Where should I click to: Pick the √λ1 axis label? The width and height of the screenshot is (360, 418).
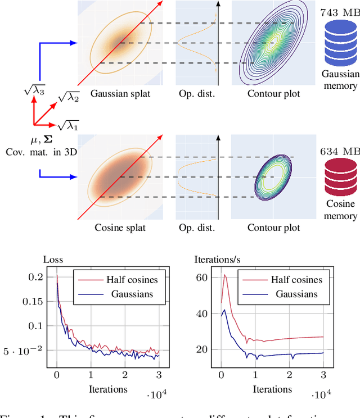coord(69,125)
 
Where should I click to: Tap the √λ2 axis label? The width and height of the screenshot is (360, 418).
coord(70,99)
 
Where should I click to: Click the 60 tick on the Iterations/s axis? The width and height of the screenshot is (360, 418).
coord(201,278)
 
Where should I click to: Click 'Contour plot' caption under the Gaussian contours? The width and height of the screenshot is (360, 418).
coord(273,94)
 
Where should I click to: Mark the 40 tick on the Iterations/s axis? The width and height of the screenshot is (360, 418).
coord(201,313)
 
